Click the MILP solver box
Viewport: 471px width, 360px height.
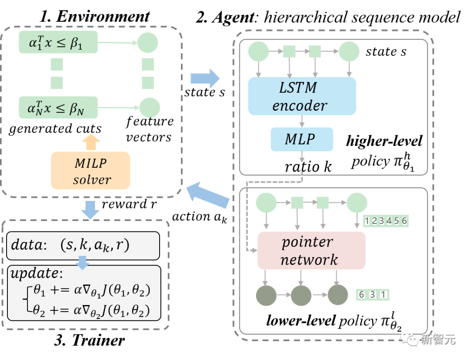coord(90,170)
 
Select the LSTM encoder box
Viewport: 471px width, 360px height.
coord(302,96)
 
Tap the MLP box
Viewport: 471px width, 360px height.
coord(301,139)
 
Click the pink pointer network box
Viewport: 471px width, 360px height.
coord(311,251)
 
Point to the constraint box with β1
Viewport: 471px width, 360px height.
coord(58,42)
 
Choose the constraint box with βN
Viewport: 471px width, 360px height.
coord(58,108)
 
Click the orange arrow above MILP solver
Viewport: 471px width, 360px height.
coord(91,142)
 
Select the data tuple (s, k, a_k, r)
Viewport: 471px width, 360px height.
coord(95,245)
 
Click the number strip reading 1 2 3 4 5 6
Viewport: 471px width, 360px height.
coord(386,221)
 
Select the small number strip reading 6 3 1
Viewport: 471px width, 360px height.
coord(372,295)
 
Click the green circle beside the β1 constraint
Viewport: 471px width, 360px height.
coord(148,43)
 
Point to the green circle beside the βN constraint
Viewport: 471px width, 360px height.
coord(149,107)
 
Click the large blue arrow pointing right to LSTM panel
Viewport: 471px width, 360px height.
coord(205,79)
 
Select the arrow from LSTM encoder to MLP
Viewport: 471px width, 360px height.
coord(301,121)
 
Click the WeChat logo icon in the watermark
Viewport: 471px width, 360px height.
coord(409,338)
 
